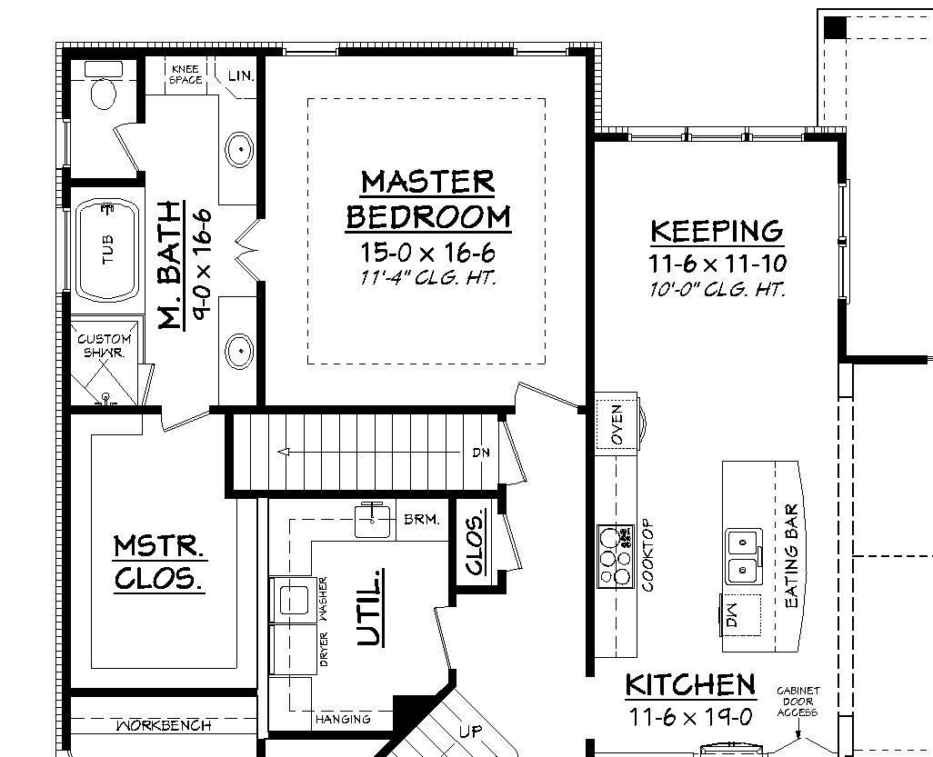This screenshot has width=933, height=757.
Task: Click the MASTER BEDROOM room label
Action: (x=428, y=199)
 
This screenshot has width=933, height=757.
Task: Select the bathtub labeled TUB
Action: (x=107, y=249)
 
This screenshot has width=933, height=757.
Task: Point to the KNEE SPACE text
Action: (x=186, y=75)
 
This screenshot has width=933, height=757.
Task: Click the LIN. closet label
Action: (x=241, y=75)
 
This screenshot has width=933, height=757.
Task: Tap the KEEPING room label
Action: (x=717, y=231)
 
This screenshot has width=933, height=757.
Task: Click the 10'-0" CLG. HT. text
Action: (x=717, y=290)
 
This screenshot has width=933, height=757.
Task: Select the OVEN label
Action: (x=617, y=423)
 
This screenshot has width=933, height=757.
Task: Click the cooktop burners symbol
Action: (x=614, y=554)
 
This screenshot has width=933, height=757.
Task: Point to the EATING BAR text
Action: (x=791, y=556)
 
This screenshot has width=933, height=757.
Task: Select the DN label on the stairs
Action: (x=481, y=452)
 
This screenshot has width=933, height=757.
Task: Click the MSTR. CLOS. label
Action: (x=158, y=563)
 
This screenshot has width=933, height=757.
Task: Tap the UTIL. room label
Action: (x=368, y=607)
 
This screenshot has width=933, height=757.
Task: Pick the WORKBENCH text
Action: (x=164, y=725)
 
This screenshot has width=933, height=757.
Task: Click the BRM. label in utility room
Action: (x=422, y=521)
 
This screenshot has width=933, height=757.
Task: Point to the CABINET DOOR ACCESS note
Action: (x=798, y=702)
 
